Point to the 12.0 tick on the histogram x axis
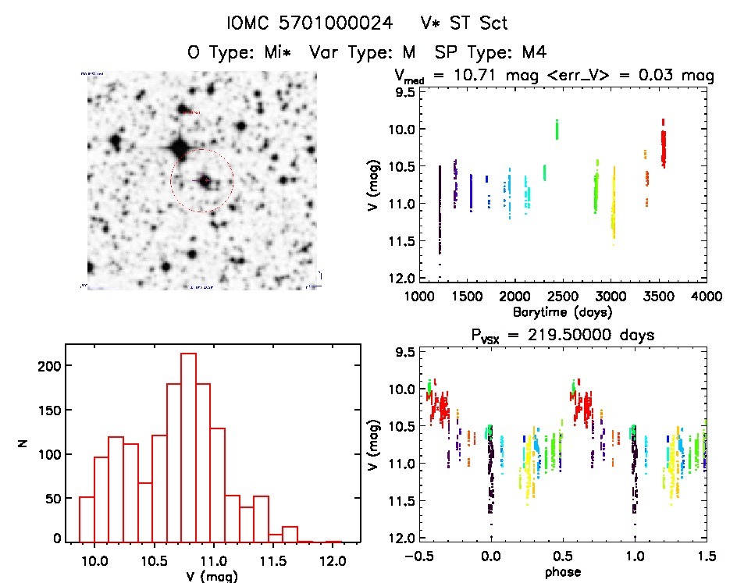coord(333,560)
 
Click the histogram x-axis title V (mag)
coord(211,577)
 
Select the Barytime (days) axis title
coord(562,311)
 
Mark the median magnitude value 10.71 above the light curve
coord(486,75)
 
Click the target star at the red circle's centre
coord(205,180)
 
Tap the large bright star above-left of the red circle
coord(178,148)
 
